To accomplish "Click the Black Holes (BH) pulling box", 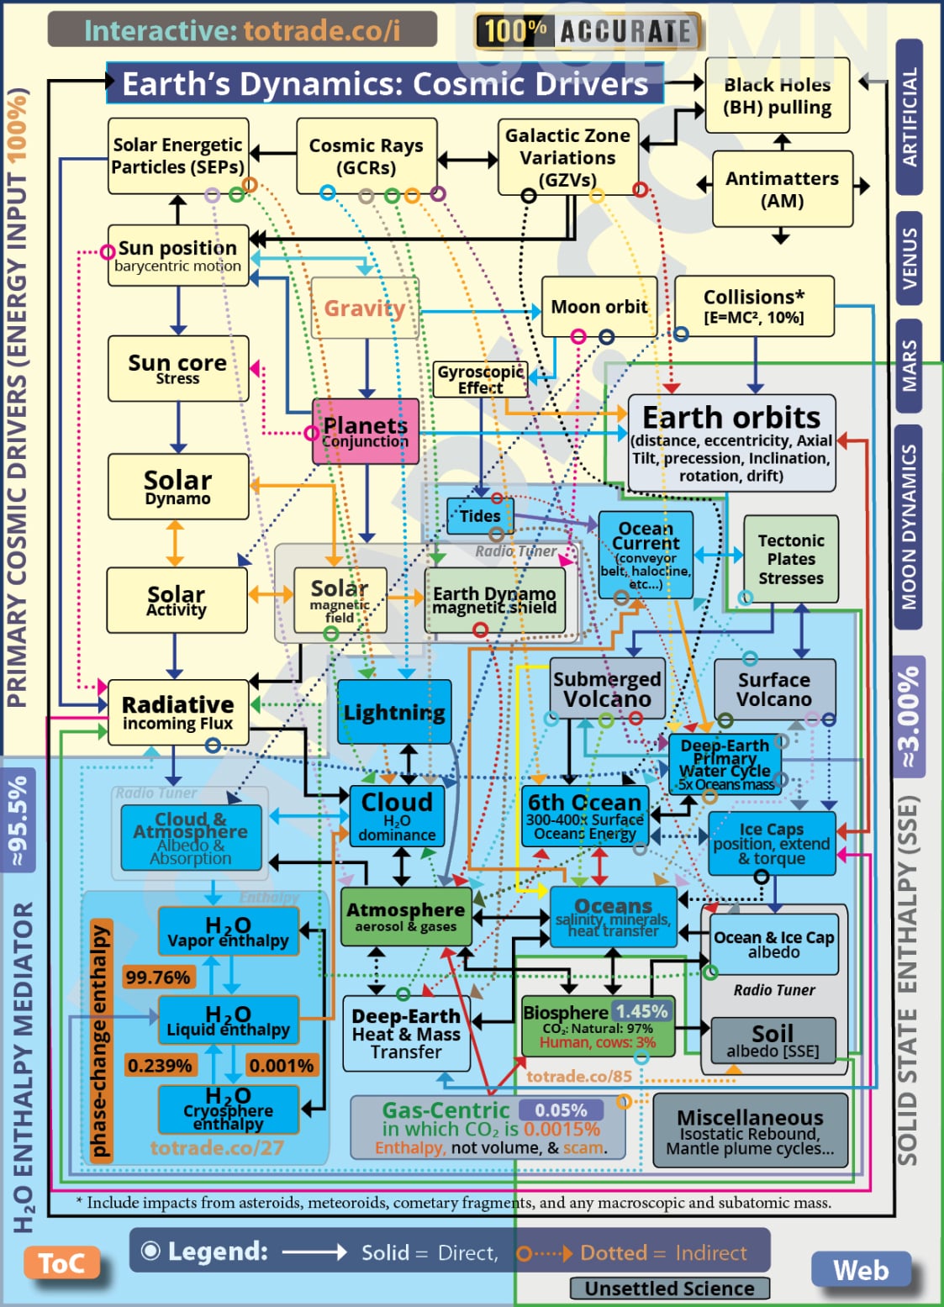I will (777, 96).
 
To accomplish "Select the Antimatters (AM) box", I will (782, 189).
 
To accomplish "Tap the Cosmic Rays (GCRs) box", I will (366, 156).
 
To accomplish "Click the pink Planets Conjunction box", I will (365, 432).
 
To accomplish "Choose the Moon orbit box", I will (599, 307).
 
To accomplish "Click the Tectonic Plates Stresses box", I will (790, 559).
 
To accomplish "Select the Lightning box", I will (394, 712).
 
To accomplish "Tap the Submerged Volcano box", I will (607, 689).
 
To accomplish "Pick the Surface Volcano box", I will (774, 689).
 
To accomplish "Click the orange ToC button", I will (61, 1263).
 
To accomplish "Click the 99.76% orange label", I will (157, 977).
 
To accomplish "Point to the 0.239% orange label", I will (160, 1066).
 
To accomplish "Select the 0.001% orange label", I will (281, 1066).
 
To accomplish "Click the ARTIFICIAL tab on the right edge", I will (910, 118).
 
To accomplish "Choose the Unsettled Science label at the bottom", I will (669, 1289).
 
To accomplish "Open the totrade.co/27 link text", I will (217, 1147).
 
